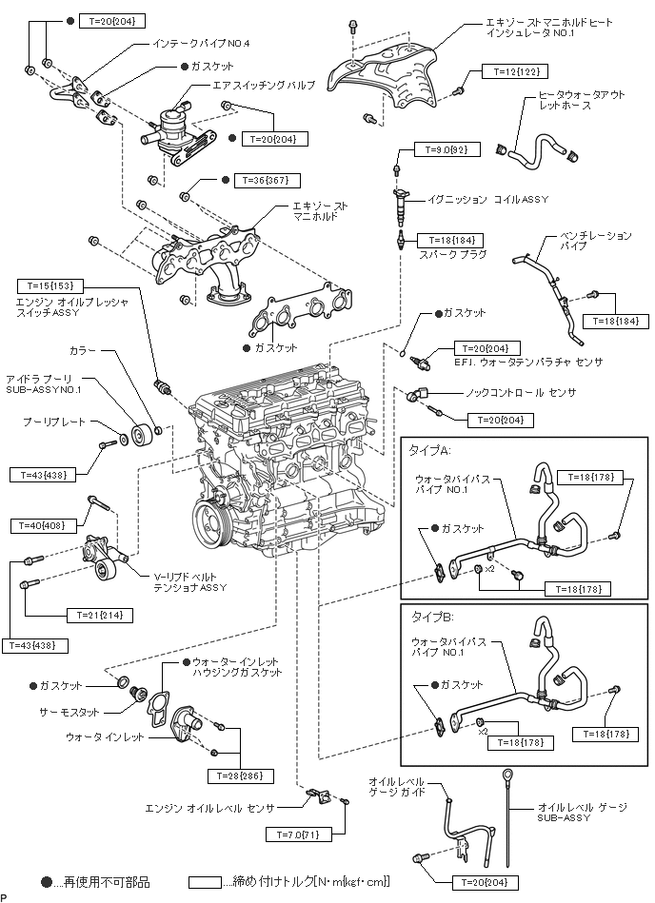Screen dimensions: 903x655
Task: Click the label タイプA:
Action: click(430, 448)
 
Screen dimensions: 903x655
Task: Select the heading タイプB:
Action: click(430, 617)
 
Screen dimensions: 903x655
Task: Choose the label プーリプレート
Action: click(54, 421)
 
